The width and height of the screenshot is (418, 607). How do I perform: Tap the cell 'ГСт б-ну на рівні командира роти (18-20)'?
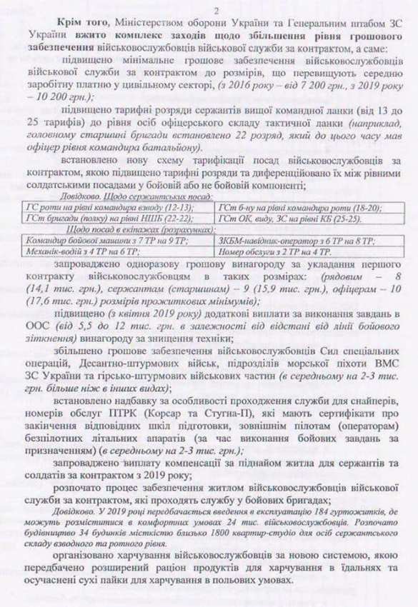coord(299,206)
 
